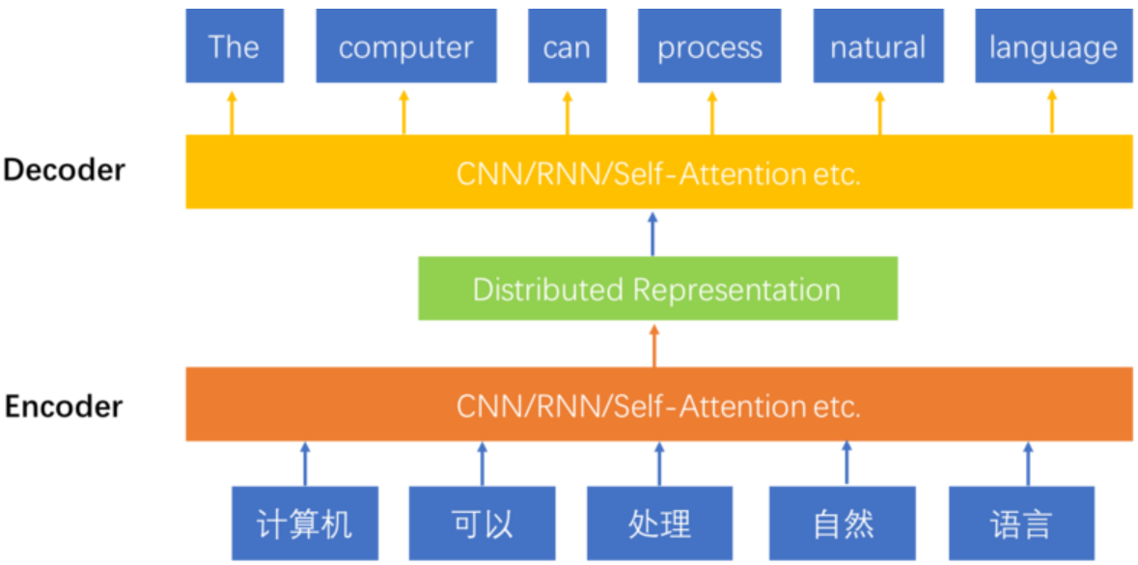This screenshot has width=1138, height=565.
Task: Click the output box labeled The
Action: click(235, 47)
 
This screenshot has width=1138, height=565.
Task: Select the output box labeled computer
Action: click(405, 47)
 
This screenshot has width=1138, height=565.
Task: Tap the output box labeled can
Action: click(566, 47)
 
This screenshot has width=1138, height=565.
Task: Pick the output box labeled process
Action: click(709, 47)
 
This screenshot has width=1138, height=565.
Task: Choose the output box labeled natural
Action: click(877, 47)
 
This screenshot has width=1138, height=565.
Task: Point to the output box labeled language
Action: click(1053, 47)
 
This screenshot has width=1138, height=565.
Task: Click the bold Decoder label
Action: click(64, 170)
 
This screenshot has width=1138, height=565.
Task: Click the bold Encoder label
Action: click(64, 406)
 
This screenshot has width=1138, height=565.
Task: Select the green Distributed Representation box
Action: click(657, 289)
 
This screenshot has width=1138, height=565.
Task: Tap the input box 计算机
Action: click(304, 523)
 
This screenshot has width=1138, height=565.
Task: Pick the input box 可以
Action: click(482, 523)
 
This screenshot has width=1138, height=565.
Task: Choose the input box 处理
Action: click(660, 523)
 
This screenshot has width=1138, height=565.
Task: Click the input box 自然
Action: click(843, 523)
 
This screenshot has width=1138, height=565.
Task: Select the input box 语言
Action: click(1021, 523)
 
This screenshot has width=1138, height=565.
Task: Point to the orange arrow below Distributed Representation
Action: click(654, 345)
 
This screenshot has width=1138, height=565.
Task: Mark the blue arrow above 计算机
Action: click(305, 464)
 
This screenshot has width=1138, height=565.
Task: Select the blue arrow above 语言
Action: click(1027, 464)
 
